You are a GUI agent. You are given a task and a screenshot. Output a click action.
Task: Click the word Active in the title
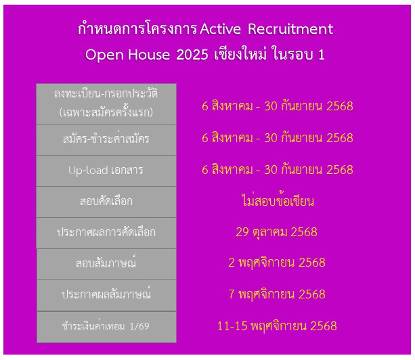pos(220,29)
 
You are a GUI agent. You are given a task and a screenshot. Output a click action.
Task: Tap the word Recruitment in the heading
pos(290,29)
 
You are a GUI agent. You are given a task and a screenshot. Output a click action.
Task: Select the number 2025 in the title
pos(192,55)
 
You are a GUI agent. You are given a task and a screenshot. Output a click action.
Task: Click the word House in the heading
pos(149,55)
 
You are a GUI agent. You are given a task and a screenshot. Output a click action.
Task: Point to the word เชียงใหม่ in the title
pos(240,54)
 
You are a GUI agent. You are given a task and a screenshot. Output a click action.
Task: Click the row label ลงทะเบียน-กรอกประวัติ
pos(106,93)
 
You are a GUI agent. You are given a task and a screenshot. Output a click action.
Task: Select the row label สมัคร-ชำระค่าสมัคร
pos(106,138)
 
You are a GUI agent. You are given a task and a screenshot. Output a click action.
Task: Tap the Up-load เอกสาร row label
pos(106,170)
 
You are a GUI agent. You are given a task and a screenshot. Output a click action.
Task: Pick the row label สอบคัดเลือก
pos(106,201)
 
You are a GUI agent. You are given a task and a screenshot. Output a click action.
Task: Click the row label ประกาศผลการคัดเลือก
pos(106,232)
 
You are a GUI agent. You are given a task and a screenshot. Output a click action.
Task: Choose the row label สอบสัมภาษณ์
pos(106,263)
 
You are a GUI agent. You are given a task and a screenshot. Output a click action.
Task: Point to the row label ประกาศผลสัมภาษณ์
pos(106,294)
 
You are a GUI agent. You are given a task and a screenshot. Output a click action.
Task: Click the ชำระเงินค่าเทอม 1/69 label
pos(106,326)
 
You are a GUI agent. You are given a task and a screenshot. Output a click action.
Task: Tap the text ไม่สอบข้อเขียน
pos(278,200)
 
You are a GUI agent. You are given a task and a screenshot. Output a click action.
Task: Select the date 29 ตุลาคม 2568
pos(276,232)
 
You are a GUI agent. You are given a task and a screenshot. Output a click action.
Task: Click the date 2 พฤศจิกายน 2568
pos(277,263)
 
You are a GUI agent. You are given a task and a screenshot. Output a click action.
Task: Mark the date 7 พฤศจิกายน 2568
pos(277,294)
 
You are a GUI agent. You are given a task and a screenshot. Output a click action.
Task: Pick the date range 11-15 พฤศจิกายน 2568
pos(277,326)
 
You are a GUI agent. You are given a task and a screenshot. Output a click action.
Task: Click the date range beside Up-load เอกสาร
pos(278,169)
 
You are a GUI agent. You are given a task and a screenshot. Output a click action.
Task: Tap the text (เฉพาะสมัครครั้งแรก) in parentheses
pos(106,112)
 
